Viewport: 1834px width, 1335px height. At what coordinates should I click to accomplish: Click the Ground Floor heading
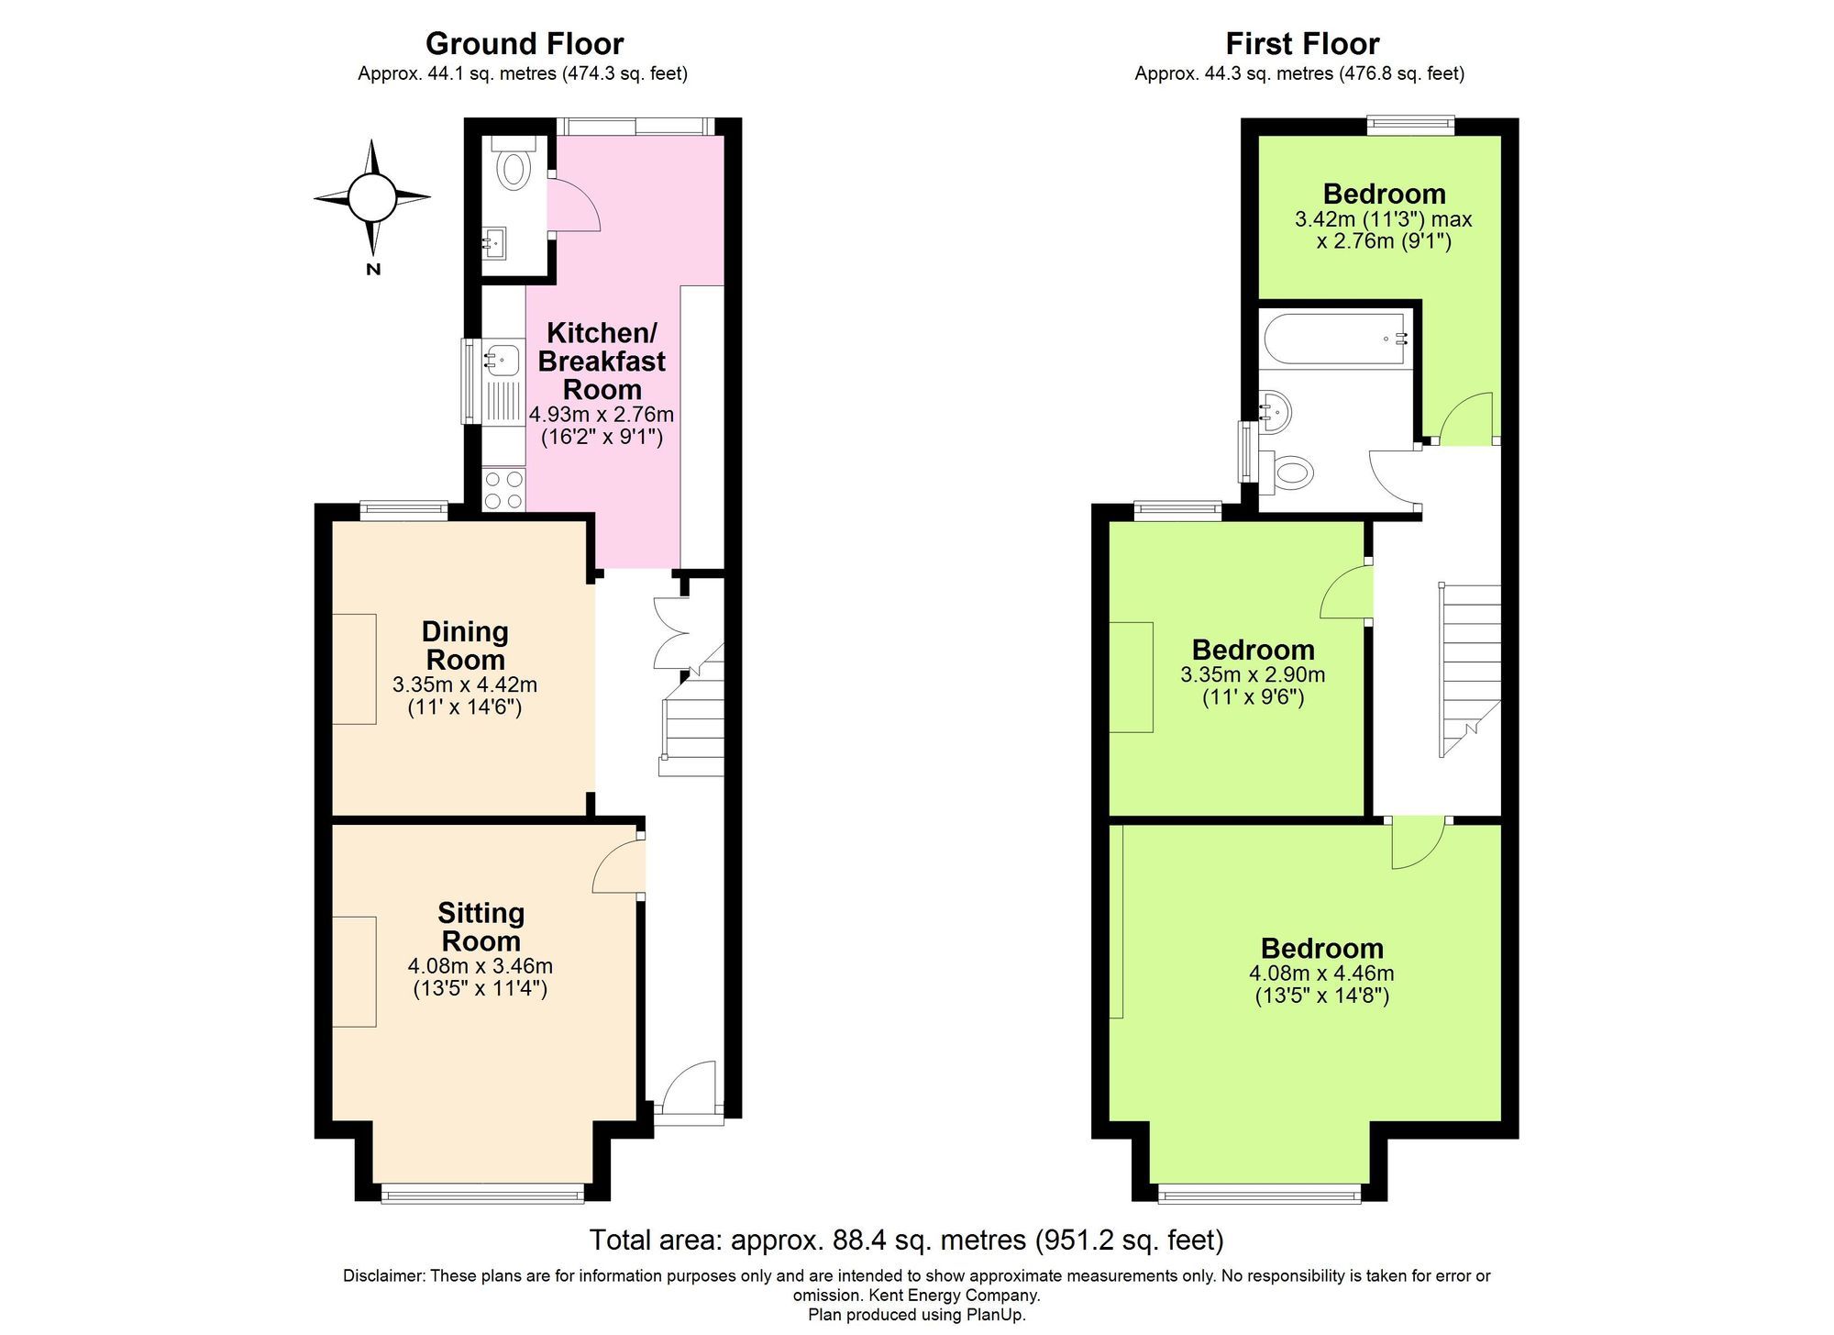tap(525, 43)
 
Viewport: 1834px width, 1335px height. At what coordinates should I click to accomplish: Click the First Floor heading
tap(1302, 43)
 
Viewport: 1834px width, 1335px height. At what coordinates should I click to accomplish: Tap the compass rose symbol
tap(372, 196)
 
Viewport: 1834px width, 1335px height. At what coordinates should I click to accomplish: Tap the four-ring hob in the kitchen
tap(503, 489)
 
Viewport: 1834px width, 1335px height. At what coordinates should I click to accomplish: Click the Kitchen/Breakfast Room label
tap(602, 361)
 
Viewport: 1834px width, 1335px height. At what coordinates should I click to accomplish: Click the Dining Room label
tap(465, 645)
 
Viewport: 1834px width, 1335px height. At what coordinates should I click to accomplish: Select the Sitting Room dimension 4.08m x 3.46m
tap(480, 966)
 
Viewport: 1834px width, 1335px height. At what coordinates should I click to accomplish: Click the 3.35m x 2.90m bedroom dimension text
tap(1253, 675)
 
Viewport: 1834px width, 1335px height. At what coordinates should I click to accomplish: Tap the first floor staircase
tap(1470, 670)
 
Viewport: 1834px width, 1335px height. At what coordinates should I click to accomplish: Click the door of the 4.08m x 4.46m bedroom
tap(1417, 842)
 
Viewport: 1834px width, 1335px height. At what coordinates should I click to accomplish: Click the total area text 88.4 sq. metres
tap(906, 1240)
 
